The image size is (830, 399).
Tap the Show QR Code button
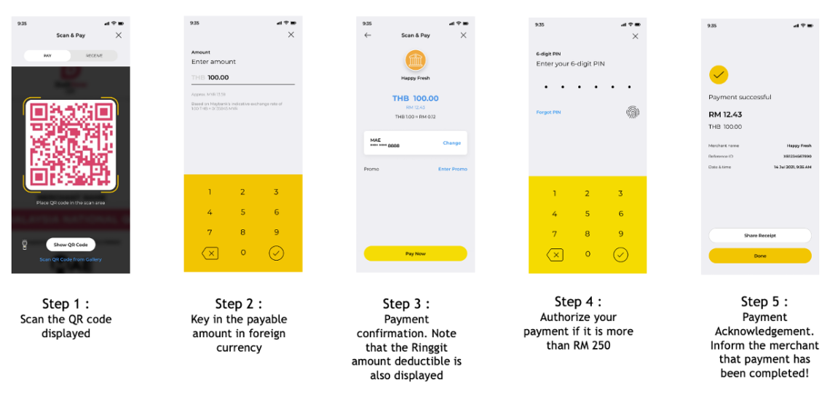click(71, 245)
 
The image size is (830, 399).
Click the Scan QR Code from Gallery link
click(71, 259)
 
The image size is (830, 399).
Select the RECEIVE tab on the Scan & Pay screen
click(95, 55)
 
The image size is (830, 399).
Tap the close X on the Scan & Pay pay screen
click(119, 35)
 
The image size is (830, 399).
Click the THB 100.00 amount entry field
click(242, 77)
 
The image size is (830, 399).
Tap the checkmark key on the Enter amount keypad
click(276, 253)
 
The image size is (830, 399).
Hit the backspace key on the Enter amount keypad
click(210, 253)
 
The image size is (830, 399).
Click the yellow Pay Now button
click(415, 253)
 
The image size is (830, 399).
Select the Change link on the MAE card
click(451, 143)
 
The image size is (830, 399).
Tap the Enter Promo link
click(452, 169)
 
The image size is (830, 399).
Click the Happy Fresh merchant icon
click(415, 60)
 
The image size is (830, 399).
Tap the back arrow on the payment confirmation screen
click(368, 35)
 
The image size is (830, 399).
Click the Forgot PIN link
click(548, 112)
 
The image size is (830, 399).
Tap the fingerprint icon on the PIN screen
click(632, 112)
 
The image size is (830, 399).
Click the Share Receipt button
click(759, 235)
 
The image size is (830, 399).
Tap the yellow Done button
click(759, 256)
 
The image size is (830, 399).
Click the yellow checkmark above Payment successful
click(719, 74)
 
